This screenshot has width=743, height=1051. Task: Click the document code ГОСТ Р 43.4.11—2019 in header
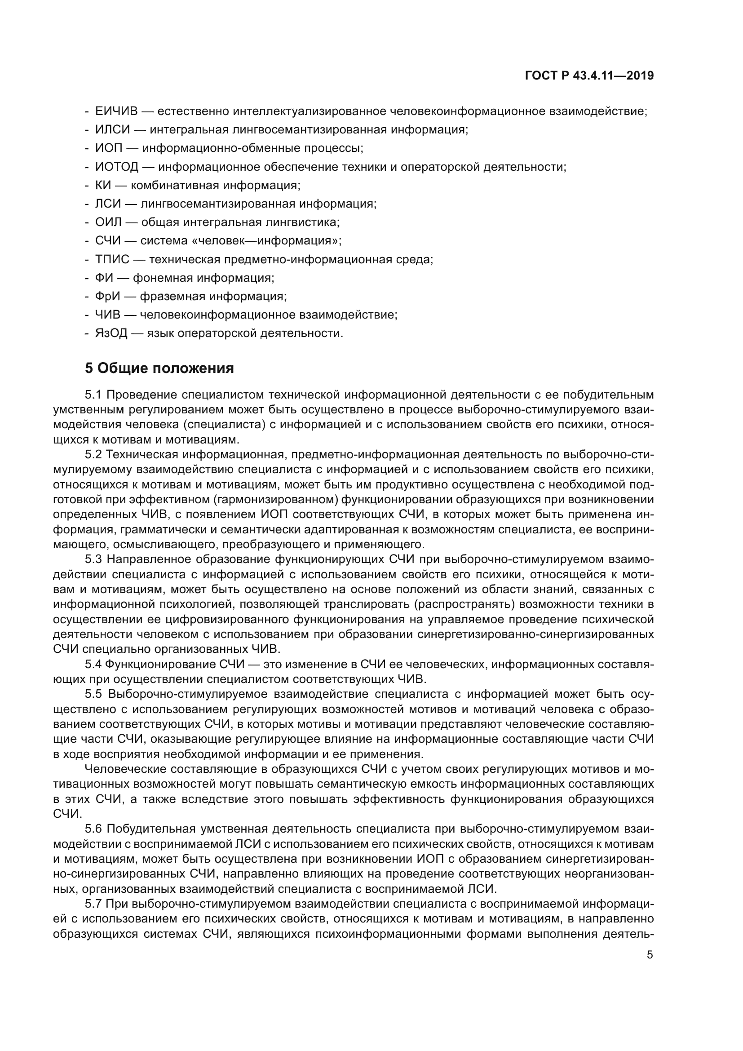pos(589,75)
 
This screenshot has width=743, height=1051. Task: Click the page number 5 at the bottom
pos(650,954)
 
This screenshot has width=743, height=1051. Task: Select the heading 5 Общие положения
pos(159,368)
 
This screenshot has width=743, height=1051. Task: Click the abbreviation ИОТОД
pos(117,167)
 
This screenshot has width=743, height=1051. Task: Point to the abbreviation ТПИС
pos(112,260)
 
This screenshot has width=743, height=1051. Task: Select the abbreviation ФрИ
pos(107,296)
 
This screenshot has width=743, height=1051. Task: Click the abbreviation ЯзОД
pos(111,333)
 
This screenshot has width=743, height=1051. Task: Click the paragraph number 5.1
pos(93,395)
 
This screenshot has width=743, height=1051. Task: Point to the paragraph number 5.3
pos(93,559)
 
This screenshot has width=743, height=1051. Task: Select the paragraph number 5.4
pos(93,664)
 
